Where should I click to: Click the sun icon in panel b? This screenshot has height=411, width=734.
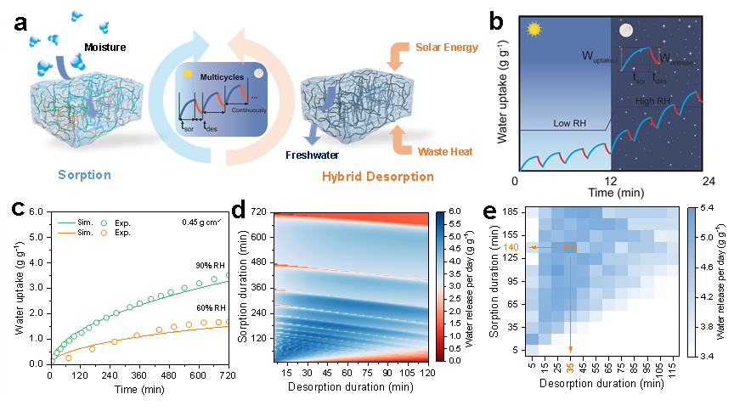[x=533, y=31]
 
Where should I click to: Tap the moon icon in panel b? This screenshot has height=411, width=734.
[x=626, y=31]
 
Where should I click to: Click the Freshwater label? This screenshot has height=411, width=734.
[x=330, y=155]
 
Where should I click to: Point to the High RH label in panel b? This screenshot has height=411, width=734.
[x=653, y=101]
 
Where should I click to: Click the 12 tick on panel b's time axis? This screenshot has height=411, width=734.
[x=610, y=181]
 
